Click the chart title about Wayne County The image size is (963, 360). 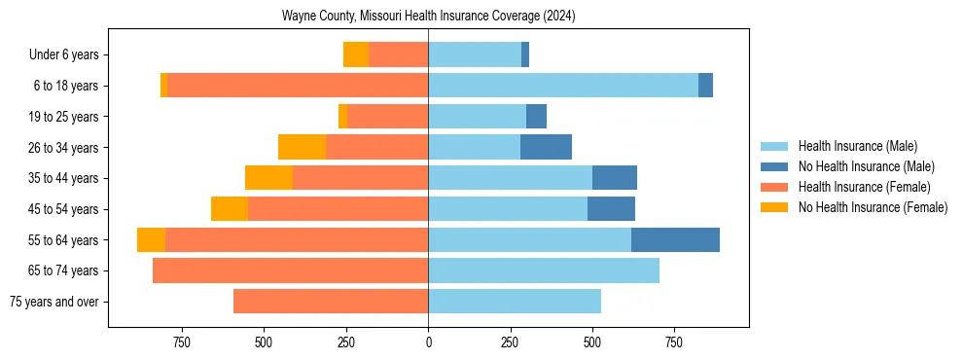pyautogui.click(x=429, y=17)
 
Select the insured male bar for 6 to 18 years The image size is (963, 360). pyautogui.click(x=563, y=86)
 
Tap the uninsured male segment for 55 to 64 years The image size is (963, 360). pyautogui.click(x=675, y=239)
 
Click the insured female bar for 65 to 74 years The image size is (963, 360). pyautogui.click(x=290, y=270)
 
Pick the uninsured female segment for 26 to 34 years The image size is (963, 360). pyautogui.click(x=302, y=147)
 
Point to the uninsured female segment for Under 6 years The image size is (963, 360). pyautogui.click(x=356, y=54)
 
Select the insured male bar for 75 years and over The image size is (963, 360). pyautogui.click(x=515, y=302)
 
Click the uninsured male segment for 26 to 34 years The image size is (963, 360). pyautogui.click(x=546, y=147)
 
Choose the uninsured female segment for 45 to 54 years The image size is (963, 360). pyautogui.click(x=230, y=209)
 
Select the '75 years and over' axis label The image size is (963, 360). pyautogui.click(x=53, y=302)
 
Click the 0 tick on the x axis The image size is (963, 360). pyautogui.click(x=428, y=342)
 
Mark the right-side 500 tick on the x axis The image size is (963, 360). pyautogui.click(x=592, y=342)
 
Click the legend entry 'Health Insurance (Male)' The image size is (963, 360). pyautogui.click(x=857, y=146)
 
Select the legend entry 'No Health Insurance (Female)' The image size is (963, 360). pyautogui.click(x=873, y=207)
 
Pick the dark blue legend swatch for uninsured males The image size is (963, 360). pyautogui.click(x=775, y=166)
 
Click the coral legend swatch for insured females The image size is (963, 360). pyautogui.click(x=775, y=187)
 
